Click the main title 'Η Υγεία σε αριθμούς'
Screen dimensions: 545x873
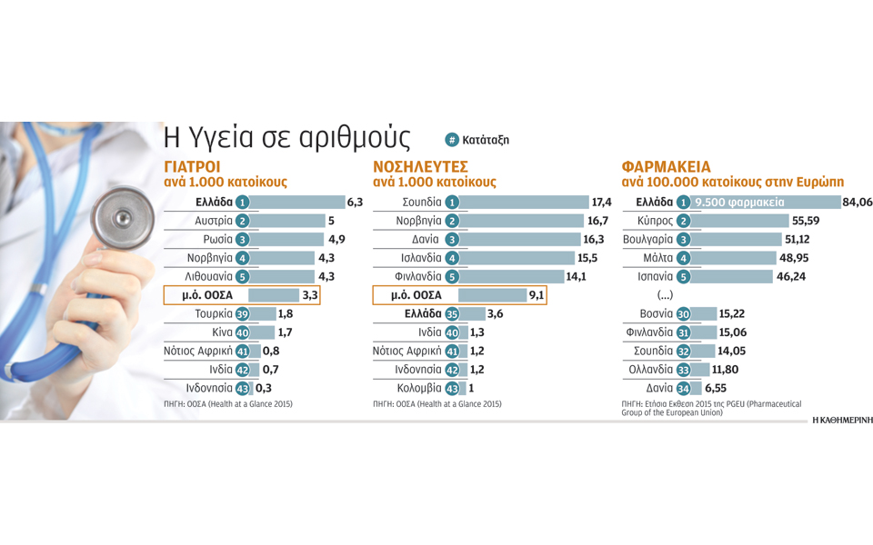tap(286, 138)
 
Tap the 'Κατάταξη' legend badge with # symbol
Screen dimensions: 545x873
tap(477, 140)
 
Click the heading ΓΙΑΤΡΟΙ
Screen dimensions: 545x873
tap(192, 167)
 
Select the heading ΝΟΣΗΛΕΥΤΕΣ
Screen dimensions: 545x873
tap(420, 167)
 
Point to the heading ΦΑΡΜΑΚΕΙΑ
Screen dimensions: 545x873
tap(666, 167)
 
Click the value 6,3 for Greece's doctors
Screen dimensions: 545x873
tap(355, 203)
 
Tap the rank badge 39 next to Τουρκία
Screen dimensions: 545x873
tap(243, 314)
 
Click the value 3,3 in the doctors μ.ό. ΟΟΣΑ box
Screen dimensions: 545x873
tap(310, 295)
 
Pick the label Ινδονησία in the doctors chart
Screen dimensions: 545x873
tap(209, 388)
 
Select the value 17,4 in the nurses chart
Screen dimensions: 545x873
tap(601, 203)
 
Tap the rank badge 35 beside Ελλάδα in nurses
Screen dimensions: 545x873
tap(452, 314)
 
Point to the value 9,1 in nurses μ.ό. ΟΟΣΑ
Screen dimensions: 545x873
tap(537, 295)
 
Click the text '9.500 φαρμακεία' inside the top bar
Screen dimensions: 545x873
tap(738, 203)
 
